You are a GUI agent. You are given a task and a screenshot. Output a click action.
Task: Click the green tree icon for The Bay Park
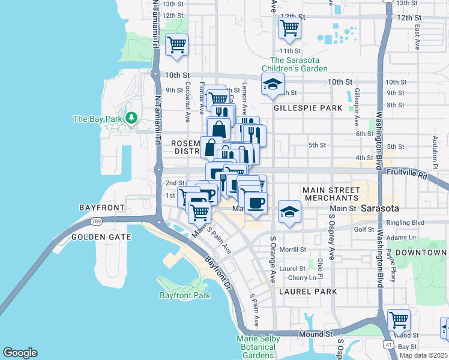point(130,118)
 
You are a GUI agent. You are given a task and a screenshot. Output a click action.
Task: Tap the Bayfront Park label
point(185,295)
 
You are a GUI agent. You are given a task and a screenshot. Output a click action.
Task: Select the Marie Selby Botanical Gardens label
point(264,348)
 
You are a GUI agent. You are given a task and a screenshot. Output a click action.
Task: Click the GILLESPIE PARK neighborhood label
point(307,108)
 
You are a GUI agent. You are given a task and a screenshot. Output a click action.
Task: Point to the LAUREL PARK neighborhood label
point(308,291)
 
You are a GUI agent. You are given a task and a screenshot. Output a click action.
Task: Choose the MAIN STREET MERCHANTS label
point(331,194)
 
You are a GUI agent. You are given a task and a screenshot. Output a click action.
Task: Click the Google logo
point(20,353)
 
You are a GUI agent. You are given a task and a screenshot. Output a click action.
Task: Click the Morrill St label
point(292,250)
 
